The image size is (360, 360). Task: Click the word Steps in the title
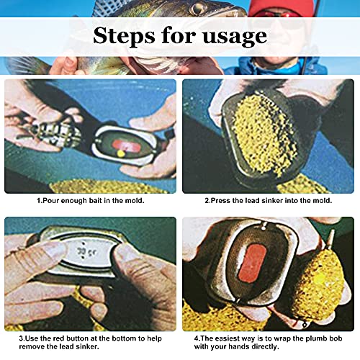click(124, 35)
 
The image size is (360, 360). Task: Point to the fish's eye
click(197, 9)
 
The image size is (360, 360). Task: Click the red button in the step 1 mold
click(127, 146)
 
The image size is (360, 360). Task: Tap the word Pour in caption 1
click(51, 200)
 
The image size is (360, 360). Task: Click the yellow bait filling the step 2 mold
click(264, 135)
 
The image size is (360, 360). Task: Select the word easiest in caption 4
click(228, 338)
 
